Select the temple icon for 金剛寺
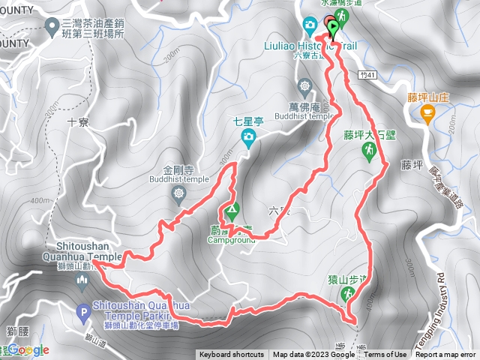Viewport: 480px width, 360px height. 179,196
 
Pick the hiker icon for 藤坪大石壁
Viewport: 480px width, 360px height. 369,152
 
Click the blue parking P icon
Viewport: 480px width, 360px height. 84,310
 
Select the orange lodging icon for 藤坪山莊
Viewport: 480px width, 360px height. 427,114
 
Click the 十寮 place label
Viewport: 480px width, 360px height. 78,121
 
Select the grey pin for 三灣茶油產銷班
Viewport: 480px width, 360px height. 52,28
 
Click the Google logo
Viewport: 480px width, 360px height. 27,349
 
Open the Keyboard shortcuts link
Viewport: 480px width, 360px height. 232,355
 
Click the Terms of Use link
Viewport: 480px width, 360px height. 385,355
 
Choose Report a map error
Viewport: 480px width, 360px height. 446,355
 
